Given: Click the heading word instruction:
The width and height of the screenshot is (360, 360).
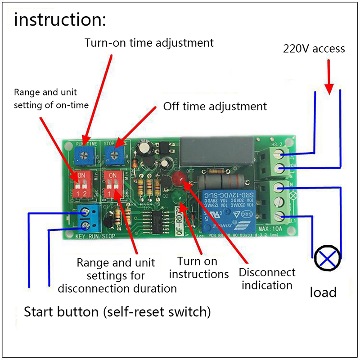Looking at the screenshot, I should click(60, 20).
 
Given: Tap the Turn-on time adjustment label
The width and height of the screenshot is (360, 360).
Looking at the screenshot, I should click(149, 43).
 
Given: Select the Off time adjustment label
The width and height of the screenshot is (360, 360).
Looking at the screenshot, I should click(215, 107).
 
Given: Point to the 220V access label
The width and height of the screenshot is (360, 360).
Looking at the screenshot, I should click(314, 49).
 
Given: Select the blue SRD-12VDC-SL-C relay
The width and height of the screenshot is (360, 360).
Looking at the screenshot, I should click(226, 207).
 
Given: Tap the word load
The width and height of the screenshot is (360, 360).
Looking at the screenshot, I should click(323, 292).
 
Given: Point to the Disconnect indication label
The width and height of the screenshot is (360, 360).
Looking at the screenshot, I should click(267, 279).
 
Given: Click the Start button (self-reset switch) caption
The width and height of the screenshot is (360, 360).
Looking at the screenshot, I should click(117, 311).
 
